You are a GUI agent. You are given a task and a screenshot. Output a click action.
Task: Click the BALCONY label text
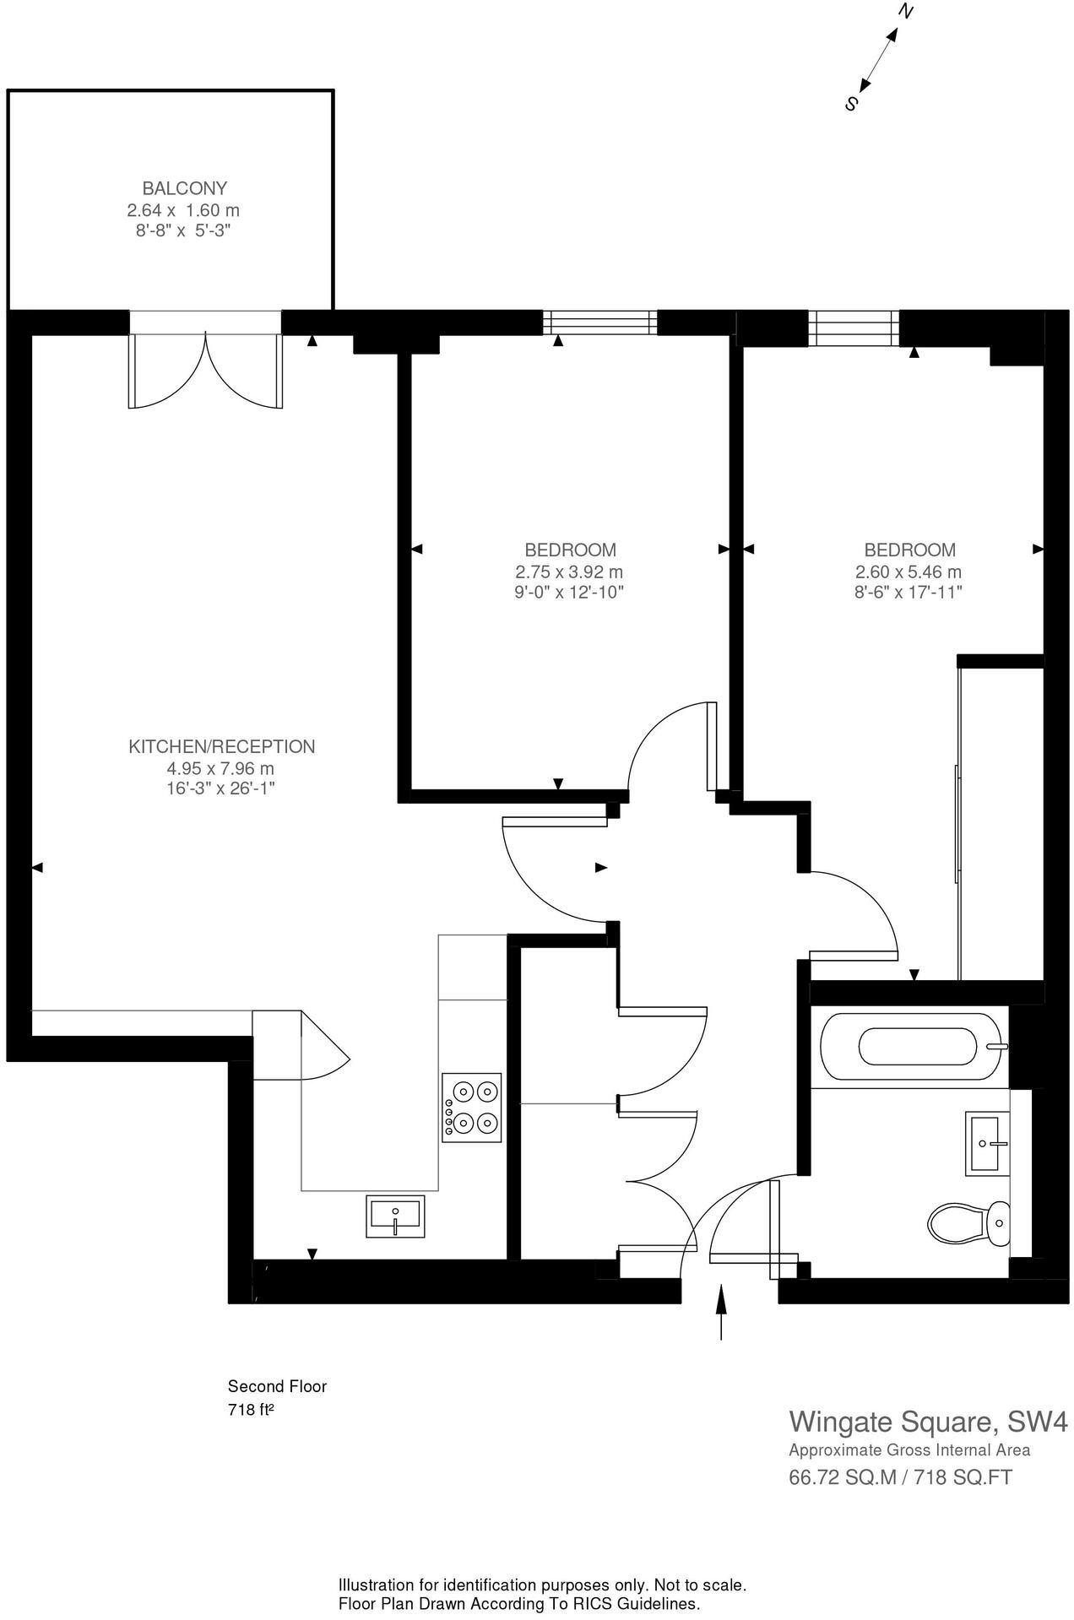tap(184, 188)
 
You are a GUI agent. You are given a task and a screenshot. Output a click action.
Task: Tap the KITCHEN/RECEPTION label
tap(221, 746)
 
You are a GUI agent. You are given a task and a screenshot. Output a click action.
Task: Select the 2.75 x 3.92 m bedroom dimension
tap(569, 572)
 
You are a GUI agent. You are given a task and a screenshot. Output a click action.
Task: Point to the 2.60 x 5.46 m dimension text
tap(908, 572)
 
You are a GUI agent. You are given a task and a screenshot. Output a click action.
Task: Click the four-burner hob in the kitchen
tap(472, 1108)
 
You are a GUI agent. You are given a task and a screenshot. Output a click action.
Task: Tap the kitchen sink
tap(395, 1216)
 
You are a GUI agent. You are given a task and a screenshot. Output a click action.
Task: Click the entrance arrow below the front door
tap(721, 1312)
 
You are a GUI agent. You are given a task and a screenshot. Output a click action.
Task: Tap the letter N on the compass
tap(906, 12)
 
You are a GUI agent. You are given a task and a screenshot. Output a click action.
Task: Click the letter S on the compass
tap(851, 105)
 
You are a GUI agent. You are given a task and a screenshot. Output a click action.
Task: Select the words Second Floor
tap(277, 1386)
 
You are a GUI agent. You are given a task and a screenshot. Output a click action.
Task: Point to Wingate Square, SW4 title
tap(927, 1422)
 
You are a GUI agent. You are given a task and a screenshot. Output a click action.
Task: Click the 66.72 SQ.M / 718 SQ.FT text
tap(900, 1477)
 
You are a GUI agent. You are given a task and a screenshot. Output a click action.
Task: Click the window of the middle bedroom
tap(599, 322)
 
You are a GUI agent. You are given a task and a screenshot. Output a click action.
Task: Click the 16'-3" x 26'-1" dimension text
tap(221, 788)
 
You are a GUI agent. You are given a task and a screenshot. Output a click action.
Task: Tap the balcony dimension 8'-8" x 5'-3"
tap(184, 230)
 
